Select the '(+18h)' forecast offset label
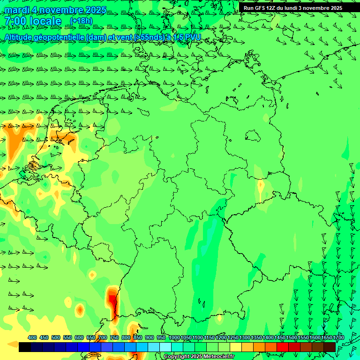81,21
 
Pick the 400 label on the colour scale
32,337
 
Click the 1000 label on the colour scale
174,337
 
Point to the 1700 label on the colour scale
338,337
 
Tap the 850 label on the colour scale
138,337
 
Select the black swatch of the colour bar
25,347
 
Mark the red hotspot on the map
112,298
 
